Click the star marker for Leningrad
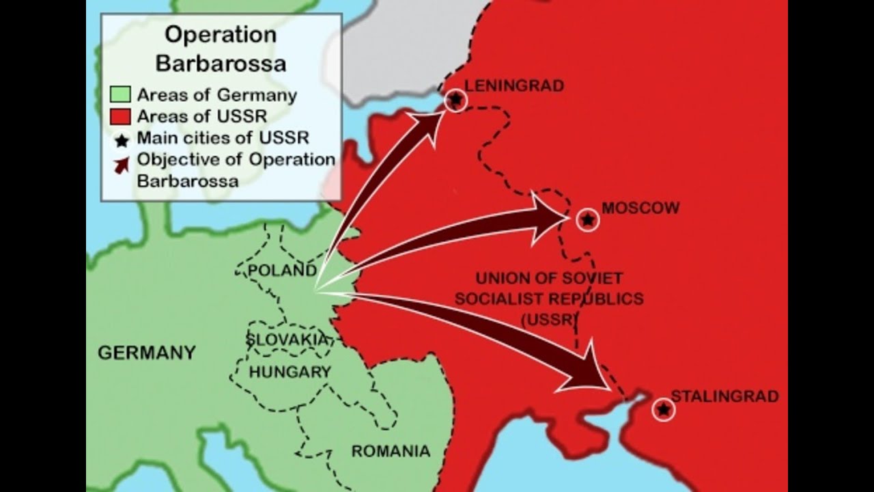click(455, 100)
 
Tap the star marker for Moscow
click(587, 220)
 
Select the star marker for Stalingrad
click(663, 409)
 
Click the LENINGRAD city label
click(514, 86)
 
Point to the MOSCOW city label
click(640, 208)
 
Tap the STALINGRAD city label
click(724, 396)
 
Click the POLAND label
click(282, 271)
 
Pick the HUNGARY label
click(290, 372)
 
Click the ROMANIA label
click(391, 451)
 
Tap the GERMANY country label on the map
click(147, 353)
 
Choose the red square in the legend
click(119, 116)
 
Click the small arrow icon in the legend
click(122, 164)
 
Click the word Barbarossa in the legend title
click(221, 64)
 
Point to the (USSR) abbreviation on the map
click(550, 319)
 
